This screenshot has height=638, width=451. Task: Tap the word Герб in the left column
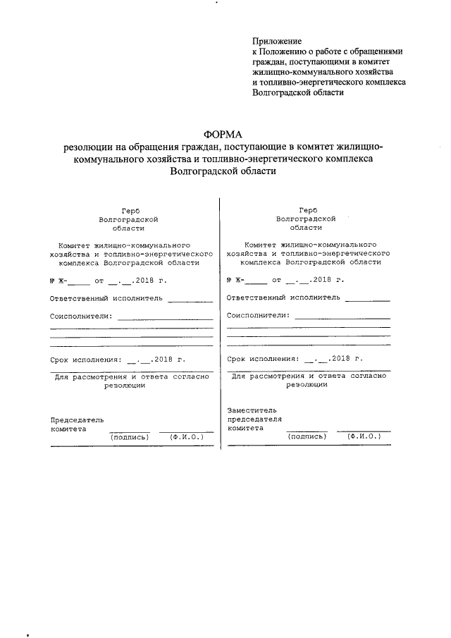tap(130, 210)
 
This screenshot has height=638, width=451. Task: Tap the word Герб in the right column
tap(308, 210)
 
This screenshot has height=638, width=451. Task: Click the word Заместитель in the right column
tap(252, 410)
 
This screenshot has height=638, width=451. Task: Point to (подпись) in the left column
tap(130, 437)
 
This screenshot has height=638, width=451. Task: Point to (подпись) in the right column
tap(307, 437)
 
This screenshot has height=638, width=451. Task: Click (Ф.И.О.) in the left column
tap(187, 437)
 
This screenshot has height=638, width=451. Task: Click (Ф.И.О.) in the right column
tap(364, 437)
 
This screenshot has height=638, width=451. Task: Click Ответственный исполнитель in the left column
tap(106, 297)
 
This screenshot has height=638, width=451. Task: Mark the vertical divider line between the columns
tap(221, 324)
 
